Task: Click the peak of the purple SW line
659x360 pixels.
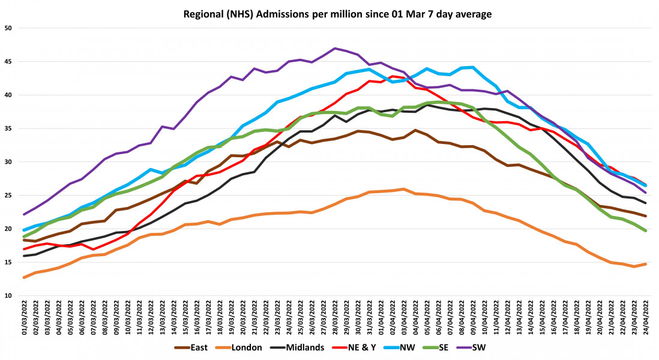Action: (335, 48)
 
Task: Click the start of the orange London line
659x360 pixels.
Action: (24, 278)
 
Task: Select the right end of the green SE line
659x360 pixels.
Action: (646, 230)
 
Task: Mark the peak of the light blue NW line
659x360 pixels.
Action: (473, 67)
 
